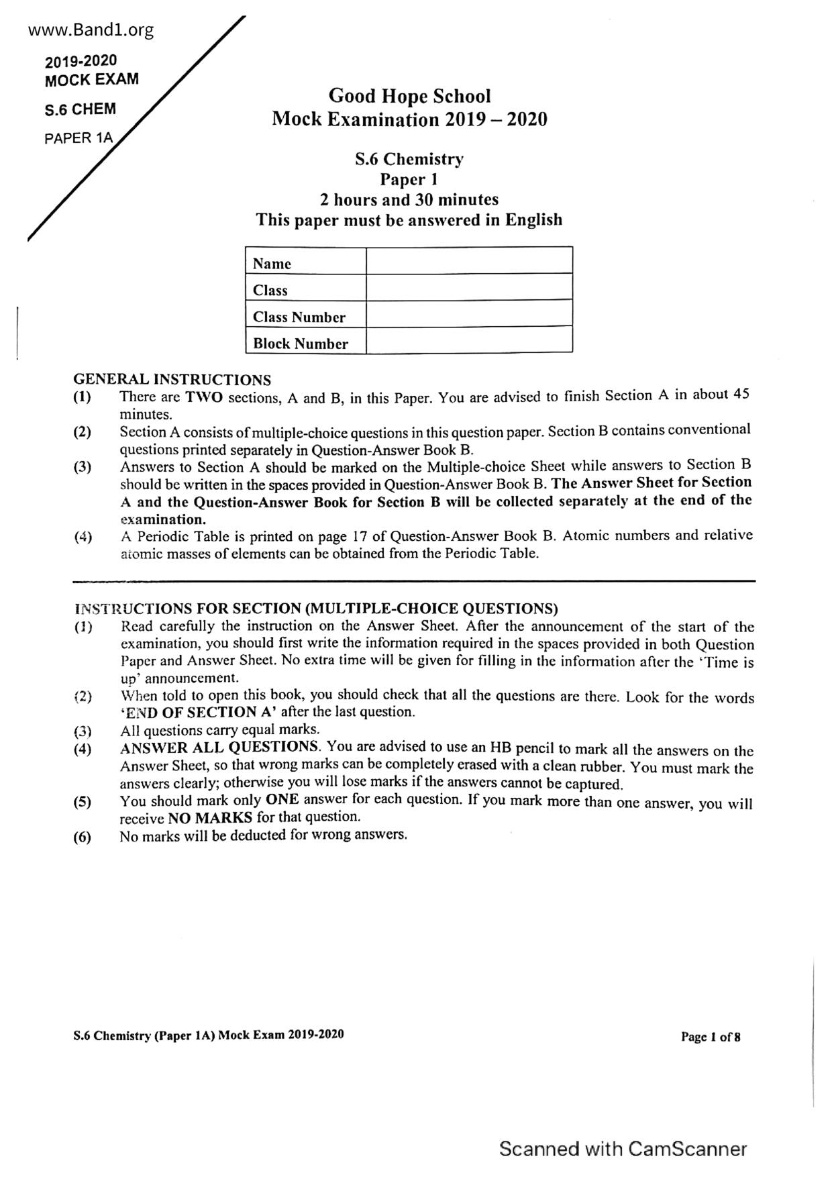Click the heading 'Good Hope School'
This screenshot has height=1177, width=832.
click(x=409, y=96)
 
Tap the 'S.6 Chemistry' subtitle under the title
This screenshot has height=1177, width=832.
click(x=409, y=160)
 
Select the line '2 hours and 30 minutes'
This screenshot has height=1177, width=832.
click(x=409, y=200)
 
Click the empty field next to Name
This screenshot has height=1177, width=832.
click(x=469, y=260)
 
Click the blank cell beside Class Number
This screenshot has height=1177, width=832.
click(x=469, y=313)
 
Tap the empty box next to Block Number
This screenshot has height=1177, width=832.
click(x=469, y=340)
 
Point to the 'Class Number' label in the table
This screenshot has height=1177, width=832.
click(x=299, y=317)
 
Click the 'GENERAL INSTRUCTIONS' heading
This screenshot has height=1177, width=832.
click(x=172, y=380)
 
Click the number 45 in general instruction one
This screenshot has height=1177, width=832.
click(x=741, y=395)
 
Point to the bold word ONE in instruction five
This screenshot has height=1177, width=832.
click(x=282, y=800)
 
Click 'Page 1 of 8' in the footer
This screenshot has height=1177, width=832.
click(x=711, y=1037)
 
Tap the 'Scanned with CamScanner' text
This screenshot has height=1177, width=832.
click(x=623, y=1149)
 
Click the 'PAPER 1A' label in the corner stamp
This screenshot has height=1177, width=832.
click(x=79, y=139)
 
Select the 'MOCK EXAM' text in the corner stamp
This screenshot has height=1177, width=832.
click(x=92, y=80)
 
